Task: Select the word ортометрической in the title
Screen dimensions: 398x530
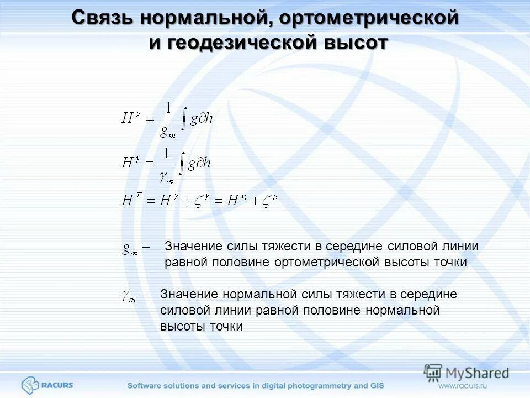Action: [369, 17]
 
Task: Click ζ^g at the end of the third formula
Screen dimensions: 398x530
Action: [269, 200]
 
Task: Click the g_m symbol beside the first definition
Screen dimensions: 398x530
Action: [130, 250]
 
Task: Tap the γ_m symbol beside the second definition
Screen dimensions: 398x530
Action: [129, 296]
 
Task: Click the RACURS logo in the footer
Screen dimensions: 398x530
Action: [47, 384]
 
